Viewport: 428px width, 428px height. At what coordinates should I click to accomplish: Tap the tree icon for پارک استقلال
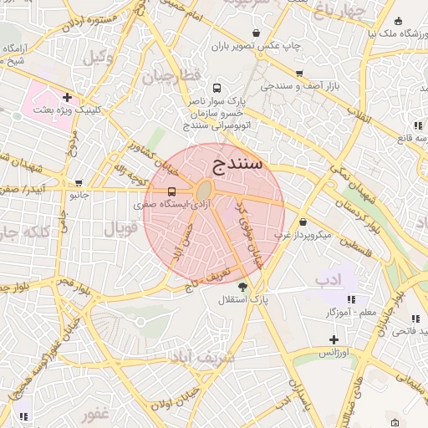point(242,287)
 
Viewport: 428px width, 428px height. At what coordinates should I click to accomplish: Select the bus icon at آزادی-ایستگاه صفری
point(172,191)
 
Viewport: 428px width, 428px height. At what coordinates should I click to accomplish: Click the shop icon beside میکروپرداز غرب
point(302,222)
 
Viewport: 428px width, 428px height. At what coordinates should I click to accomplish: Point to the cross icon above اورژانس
point(334,339)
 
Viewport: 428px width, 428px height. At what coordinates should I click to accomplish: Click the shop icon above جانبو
point(79,182)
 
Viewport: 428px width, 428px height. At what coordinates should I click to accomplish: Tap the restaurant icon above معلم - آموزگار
point(351,299)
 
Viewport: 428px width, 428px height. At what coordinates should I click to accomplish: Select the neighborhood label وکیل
point(99,57)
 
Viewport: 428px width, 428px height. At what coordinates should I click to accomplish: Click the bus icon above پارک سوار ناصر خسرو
point(217,87)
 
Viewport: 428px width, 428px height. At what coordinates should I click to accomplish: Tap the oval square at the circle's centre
point(204,191)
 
